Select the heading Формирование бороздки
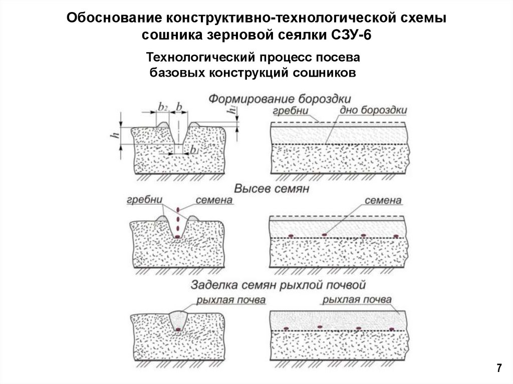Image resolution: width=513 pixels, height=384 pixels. coord(280,98)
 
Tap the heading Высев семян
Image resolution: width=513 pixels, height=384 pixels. coord(271,189)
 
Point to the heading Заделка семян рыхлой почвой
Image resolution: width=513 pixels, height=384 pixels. coord(278,285)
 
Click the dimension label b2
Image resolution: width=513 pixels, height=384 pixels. coord(162,106)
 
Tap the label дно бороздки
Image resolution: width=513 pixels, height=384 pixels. coord(373,110)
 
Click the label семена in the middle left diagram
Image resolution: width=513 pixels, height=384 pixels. coord(214,200)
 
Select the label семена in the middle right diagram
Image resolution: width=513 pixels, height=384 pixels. coord(383,200)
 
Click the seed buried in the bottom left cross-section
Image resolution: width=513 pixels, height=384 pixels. coord(178,329)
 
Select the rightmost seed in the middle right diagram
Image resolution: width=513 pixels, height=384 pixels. coord(396,236)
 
